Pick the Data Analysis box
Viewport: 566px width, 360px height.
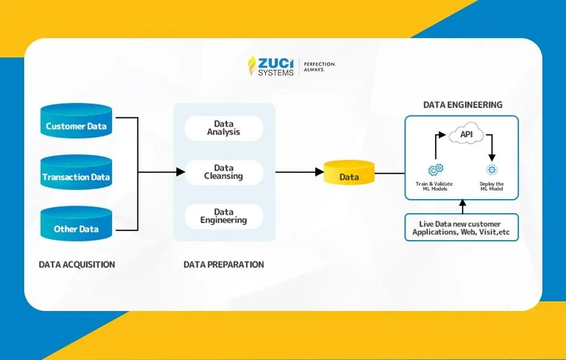coord(223,128)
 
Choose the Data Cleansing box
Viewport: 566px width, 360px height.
coord(223,172)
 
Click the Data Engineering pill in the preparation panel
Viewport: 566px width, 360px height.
coord(223,217)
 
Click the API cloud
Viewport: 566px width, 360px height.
coord(467,134)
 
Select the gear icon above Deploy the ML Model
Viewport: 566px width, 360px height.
coord(492,170)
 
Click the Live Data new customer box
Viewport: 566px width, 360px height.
coord(461,227)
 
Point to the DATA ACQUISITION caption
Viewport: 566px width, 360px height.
coord(77,264)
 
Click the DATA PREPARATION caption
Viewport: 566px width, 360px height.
coord(223,264)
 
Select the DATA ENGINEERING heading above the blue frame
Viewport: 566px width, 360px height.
coord(462,105)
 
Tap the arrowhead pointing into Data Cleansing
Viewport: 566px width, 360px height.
coord(180,172)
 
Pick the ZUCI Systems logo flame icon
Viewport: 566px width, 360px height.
coord(252,66)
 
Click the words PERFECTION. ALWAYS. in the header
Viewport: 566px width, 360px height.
coord(320,67)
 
